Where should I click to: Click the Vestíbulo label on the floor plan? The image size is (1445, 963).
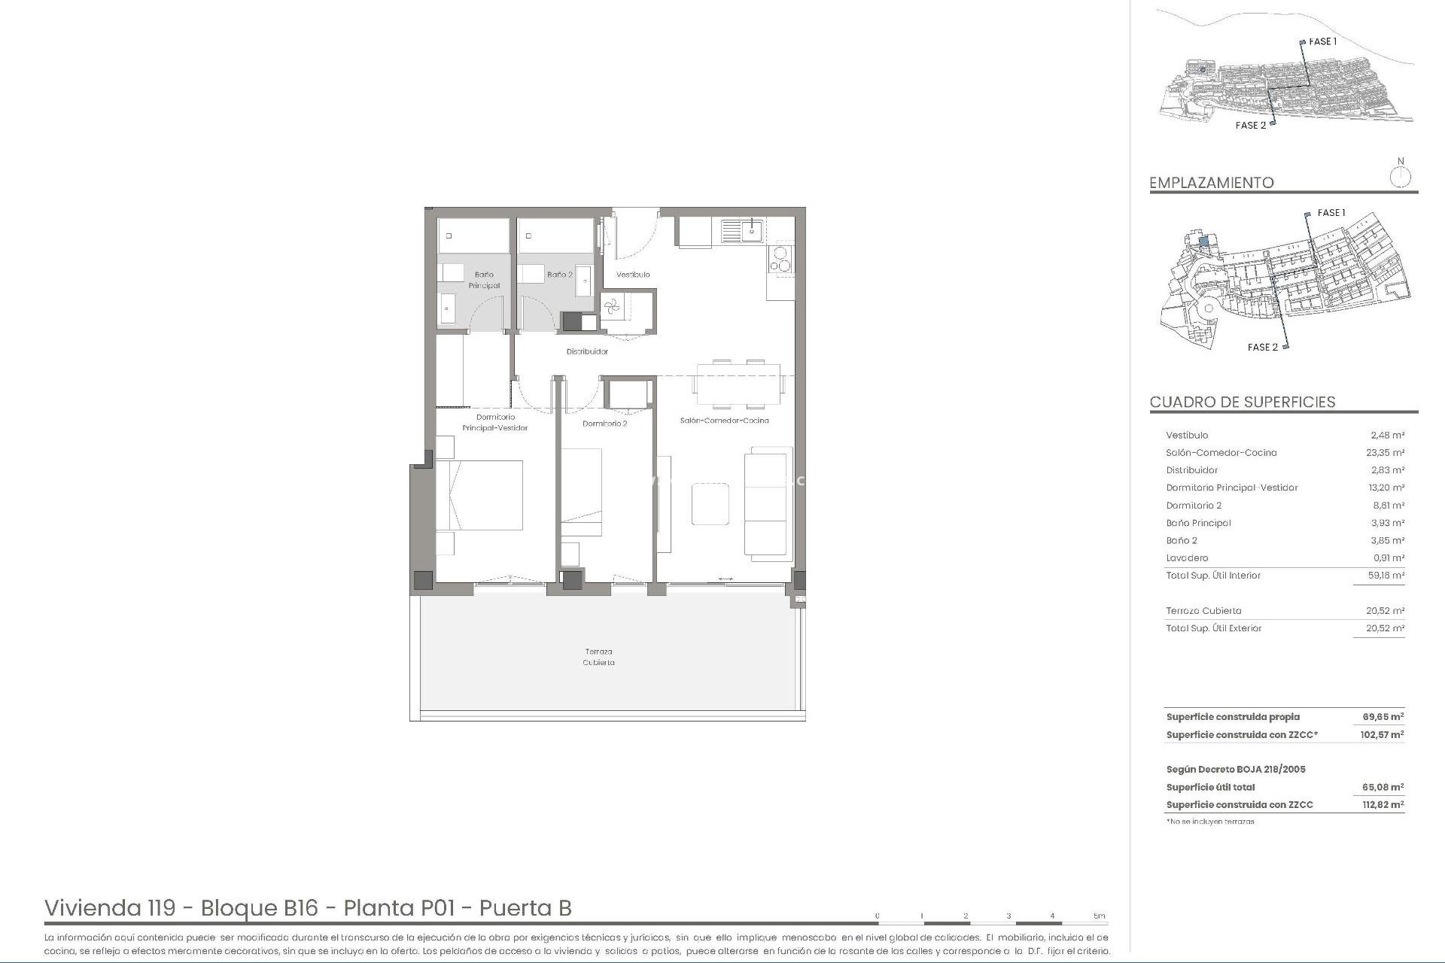pos(633,275)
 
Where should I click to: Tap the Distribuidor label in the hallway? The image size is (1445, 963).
pos(587,351)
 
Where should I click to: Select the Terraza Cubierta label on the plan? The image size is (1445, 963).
pos(598,657)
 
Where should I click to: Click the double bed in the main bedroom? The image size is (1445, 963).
pos(479,495)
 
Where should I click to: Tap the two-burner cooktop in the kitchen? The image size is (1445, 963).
pos(780,259)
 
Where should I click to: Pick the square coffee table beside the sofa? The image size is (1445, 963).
pos(710,503)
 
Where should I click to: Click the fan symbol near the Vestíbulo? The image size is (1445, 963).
pos(611,305)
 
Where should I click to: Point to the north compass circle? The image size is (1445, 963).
pos(1400,178)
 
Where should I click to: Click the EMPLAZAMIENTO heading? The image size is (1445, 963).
pos(1212,183)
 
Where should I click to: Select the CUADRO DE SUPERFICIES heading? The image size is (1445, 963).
pos(1243,403)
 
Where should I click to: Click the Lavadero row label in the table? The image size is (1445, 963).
pos(1187,558)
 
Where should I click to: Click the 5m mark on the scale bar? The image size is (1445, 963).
pos(1100,916)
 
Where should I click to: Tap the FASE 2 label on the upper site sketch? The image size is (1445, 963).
pos(1251,126)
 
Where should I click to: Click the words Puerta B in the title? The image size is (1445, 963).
pos(525,908)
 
